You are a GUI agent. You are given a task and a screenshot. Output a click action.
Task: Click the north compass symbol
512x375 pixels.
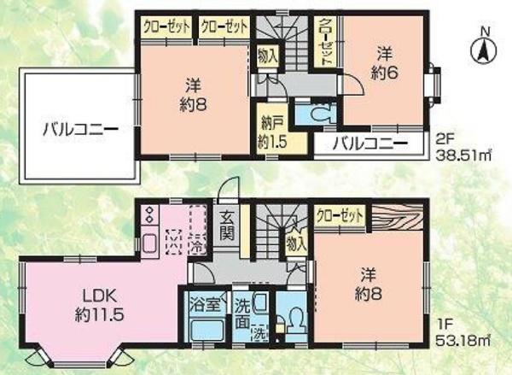483,48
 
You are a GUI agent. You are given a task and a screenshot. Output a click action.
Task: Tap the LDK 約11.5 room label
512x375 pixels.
99,306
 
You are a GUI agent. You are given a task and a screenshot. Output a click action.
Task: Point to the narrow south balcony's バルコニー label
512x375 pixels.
370,144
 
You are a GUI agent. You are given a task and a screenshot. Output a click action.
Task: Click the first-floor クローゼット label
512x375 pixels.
340,216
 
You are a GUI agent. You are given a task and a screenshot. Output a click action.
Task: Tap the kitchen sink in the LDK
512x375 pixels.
150,243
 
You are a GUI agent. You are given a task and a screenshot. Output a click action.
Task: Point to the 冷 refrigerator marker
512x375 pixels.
197,245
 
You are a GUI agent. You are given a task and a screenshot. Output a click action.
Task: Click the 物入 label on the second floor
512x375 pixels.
268,56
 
